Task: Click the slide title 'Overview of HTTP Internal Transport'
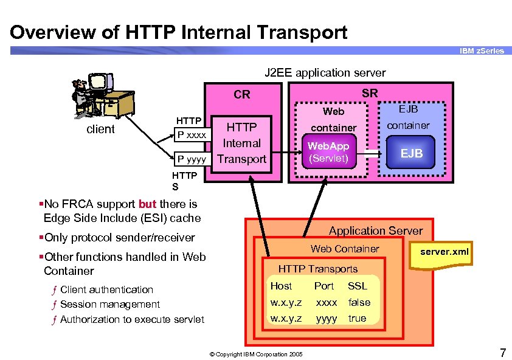(179, 32)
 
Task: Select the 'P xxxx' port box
(192, 134)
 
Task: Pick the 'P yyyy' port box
(192, 159)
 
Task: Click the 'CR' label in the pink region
(242, 94)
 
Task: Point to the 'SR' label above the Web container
(370, 93)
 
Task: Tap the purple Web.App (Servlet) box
(328, 153)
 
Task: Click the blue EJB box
(412, 153)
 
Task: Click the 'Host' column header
(281, 286)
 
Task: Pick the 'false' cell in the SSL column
(359, 302)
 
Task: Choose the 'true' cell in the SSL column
(357, 318)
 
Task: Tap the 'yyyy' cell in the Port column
(327, 318)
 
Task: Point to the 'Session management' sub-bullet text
(110, 304)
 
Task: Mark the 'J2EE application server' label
(325, 73)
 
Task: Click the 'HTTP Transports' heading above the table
(317, 269)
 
